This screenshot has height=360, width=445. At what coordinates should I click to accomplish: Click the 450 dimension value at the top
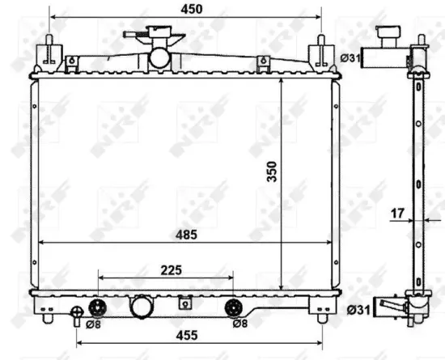pyautogui.click(x=192, y=10)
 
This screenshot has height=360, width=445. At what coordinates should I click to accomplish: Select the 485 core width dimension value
pyautogui.click(x=186, y=235)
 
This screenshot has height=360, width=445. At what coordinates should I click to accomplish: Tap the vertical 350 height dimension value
pyautogui.click(x=272, y=172)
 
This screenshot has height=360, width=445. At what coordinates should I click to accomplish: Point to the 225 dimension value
pyautogui.click(x=172, y=270)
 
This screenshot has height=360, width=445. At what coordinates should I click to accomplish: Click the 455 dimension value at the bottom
pyautogui.click(x=187, y=336)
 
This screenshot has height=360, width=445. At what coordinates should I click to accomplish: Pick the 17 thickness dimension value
pyautogui.click(x=397, y=214)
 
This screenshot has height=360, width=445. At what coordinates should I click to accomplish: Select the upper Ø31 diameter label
pyautogui.click(x=350, y=58)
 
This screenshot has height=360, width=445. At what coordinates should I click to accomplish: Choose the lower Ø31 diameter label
pyautogui.click(x=358, y=310)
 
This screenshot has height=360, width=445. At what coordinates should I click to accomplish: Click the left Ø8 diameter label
pyautogui.click(x=93, y=324)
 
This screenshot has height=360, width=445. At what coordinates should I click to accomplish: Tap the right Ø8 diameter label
pyautogui.click(x=240, y=323)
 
